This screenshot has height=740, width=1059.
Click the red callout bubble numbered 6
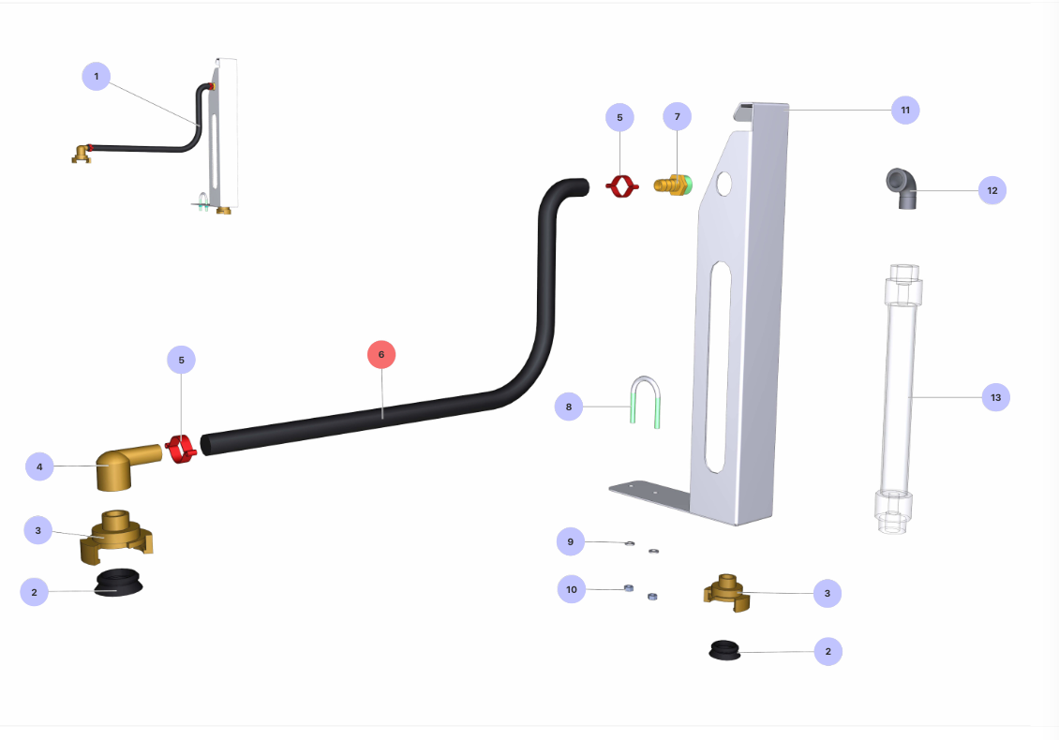coord(381,355)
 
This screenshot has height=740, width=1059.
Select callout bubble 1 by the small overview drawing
coord(97,76)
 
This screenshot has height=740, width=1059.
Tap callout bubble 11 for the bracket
coord(905,110)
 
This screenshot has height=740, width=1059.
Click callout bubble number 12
coord(992,190)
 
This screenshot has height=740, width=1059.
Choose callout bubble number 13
coord(995,397)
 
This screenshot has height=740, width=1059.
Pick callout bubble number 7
coord(677,117)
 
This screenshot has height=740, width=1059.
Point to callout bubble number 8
coord(568,407)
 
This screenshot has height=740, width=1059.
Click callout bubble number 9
coord(569,540)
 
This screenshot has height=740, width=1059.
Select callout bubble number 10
coord(572,589)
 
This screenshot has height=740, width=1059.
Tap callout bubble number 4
coord(39,466)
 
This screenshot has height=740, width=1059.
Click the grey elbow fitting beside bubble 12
coord(902,186)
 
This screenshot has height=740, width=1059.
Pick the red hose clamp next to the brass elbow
coord(181,449)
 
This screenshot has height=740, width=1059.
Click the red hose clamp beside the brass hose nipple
coord(620,186)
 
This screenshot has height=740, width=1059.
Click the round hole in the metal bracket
coord(723,184)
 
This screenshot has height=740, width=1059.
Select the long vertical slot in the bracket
coord(717,365)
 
